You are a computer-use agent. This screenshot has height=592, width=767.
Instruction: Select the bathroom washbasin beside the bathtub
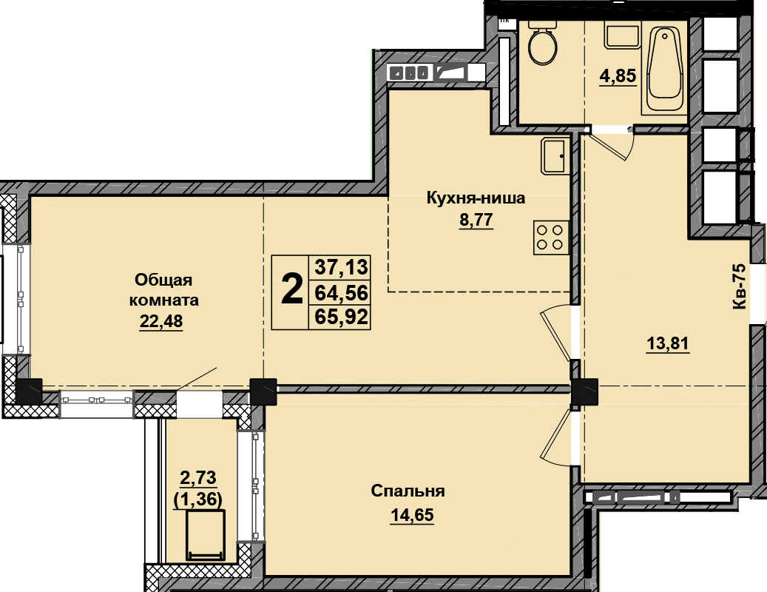pos(623,36)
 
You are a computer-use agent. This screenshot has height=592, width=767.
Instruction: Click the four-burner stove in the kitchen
pos(551,238)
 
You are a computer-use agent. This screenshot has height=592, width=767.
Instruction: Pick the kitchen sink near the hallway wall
pos(555,155)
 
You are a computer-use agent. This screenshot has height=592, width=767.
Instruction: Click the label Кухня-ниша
pos(476,198)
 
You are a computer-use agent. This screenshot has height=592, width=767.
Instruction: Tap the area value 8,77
pos(476,220)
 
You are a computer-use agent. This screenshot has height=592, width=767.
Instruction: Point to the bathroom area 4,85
pos(618,75)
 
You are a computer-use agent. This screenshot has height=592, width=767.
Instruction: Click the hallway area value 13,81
pos(668,343)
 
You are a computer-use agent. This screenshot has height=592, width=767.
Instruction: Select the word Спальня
pos(408,491)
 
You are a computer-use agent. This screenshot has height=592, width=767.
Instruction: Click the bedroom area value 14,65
pos(412,515)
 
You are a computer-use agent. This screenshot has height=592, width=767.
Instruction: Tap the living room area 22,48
pos(161,321)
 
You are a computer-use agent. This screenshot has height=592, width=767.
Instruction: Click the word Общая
pos(163,280)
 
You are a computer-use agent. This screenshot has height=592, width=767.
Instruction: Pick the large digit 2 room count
pos(291,289)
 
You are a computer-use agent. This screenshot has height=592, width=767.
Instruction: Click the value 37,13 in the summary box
pos(341,267)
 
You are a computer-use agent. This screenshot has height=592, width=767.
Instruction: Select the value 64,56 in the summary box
pos(341,292)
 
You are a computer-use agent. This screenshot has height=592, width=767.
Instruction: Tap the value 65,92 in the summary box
pos(341,317)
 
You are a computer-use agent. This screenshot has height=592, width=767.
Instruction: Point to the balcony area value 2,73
pos(198,477)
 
